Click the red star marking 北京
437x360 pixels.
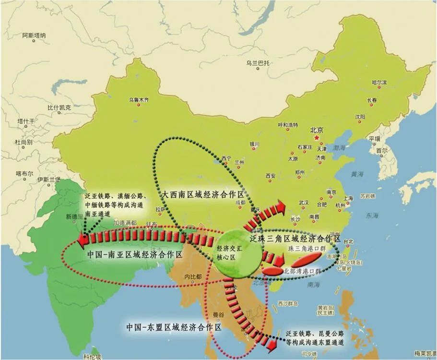[x=316, y=138]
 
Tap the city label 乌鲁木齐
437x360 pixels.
[x=139, y=100]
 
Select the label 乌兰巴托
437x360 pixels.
[x=259, y=63]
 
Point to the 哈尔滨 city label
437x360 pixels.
[x=379, y=83]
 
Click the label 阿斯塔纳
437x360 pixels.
[x=35, y=36]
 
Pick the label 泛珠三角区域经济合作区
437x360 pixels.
[x=295, y=239]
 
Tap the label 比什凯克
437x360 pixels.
[x=59, y=108]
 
